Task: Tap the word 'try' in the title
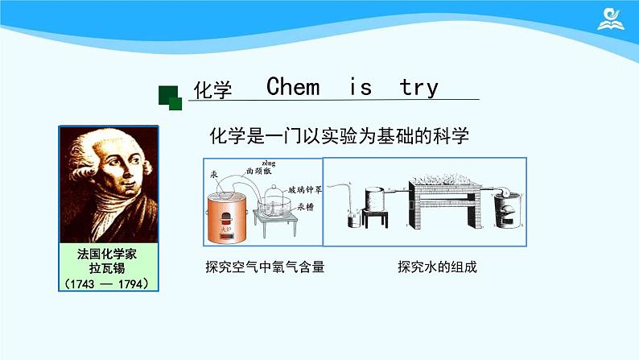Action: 418,87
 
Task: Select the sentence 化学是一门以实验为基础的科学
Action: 338,134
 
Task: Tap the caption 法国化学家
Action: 108,253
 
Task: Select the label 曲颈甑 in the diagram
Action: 258,172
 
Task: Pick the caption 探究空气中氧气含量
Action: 265,267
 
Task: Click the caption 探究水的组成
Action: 437,267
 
